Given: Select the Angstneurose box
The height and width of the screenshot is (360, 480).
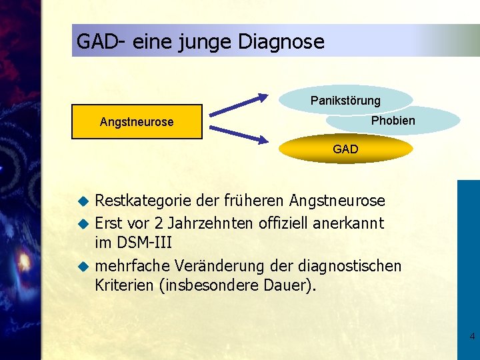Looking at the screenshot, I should tap(137, 121).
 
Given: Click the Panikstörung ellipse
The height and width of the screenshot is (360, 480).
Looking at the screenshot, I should tap(345, 101).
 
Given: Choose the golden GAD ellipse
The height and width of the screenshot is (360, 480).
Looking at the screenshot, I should tap(345, 149).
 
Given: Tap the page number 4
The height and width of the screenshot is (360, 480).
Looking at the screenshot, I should tap(472, 336).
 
